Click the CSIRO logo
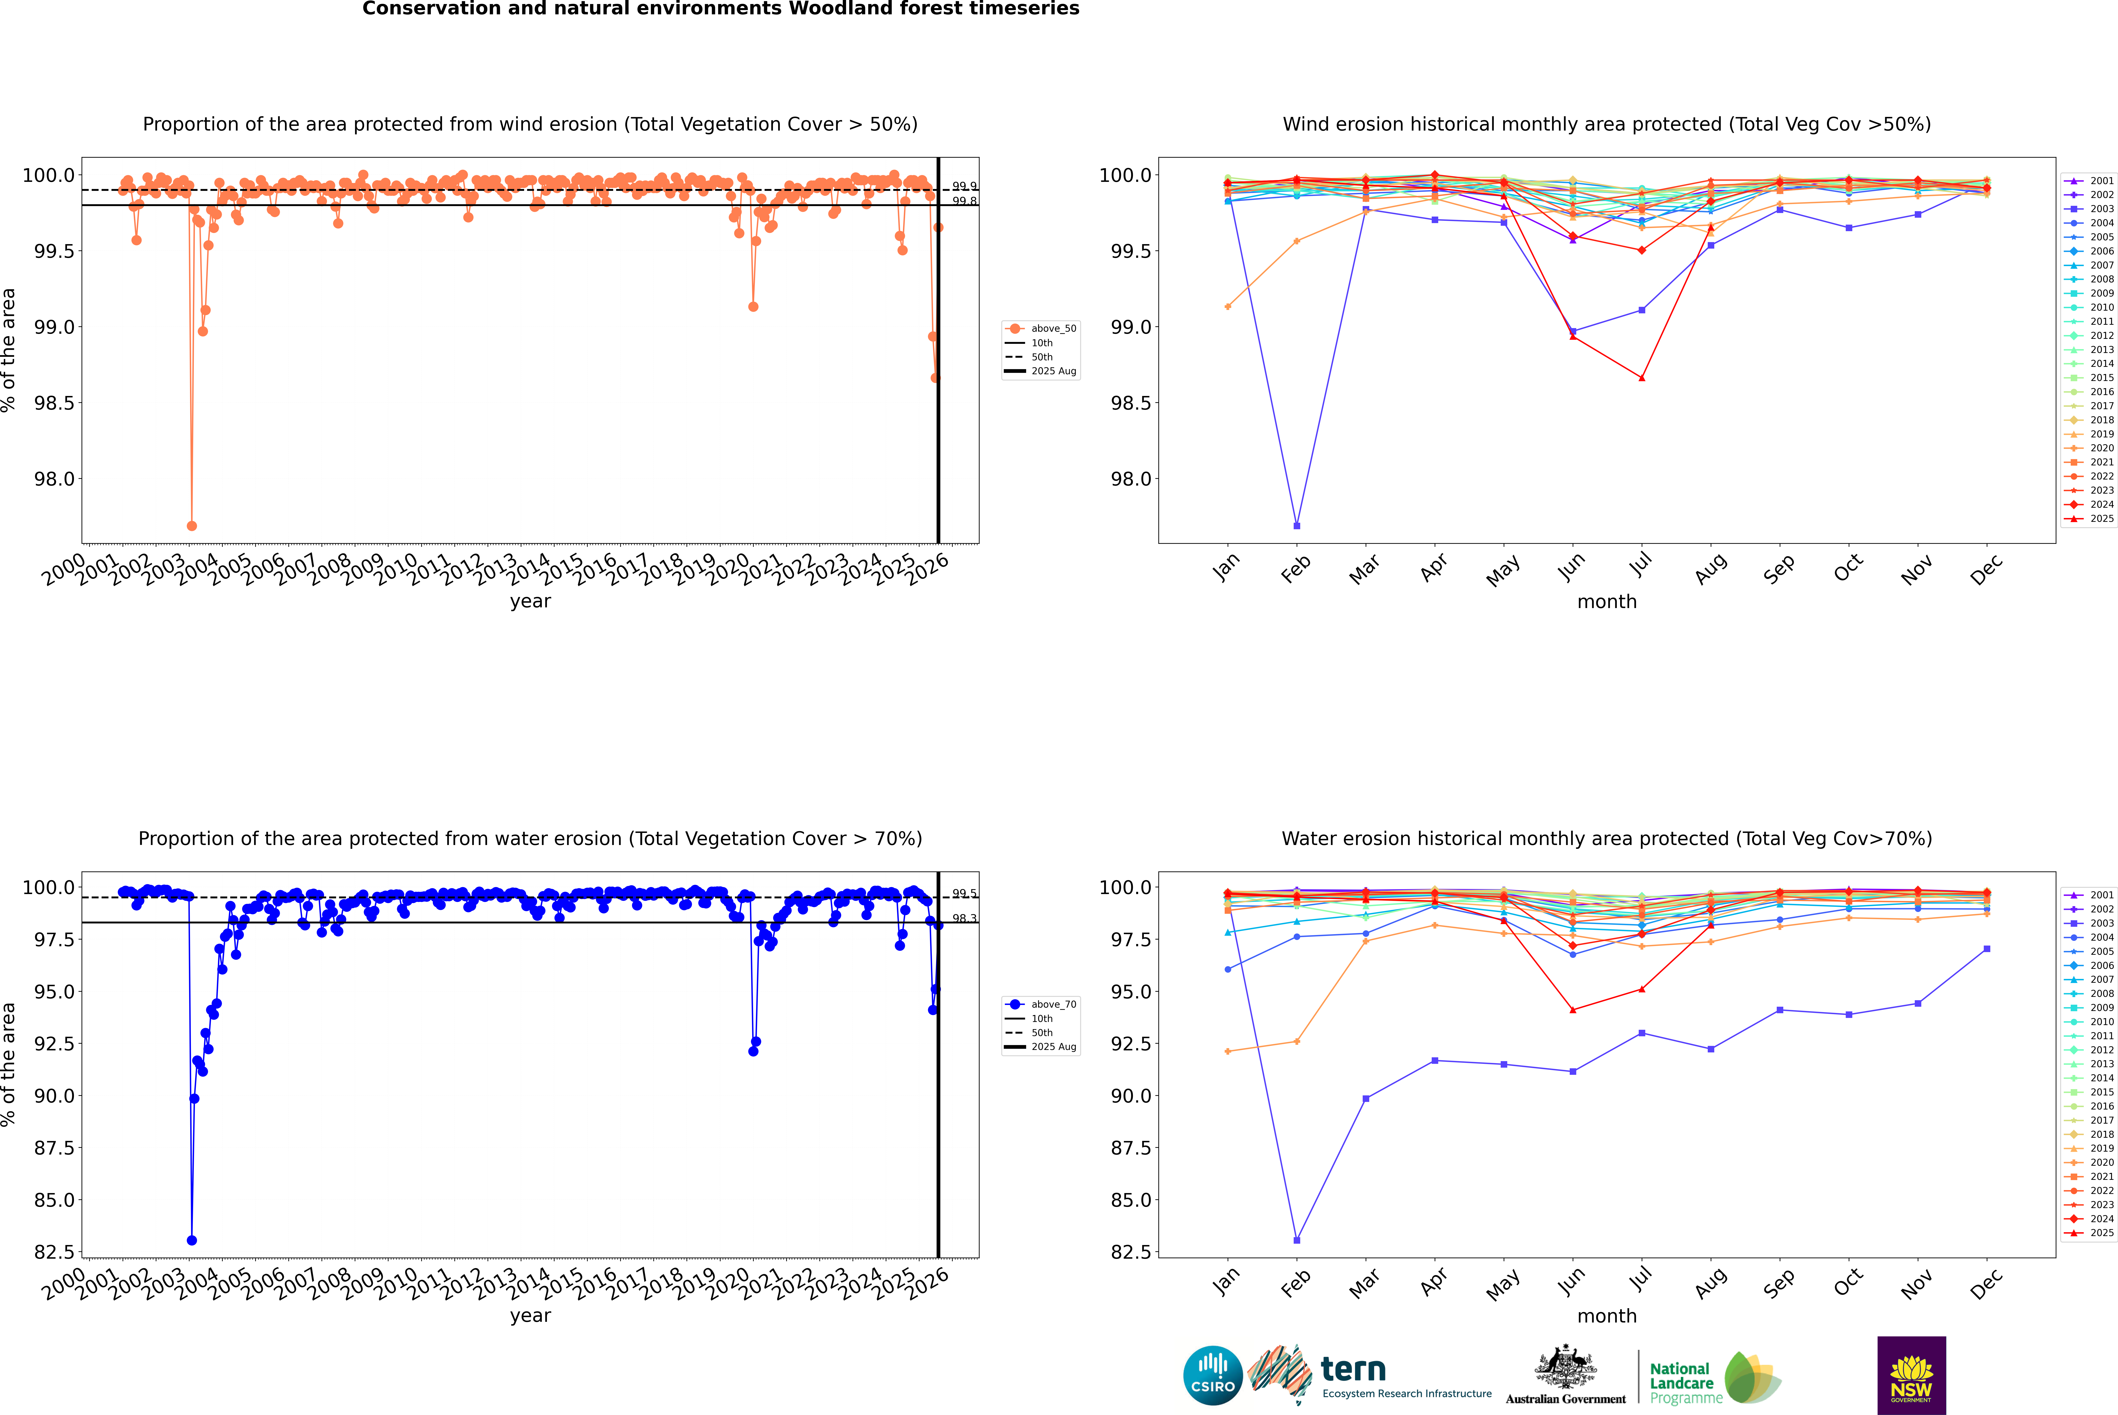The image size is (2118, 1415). click(1213, 1375)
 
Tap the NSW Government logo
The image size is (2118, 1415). click(1911, 1375)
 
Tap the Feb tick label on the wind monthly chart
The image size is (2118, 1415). click(1295, 568)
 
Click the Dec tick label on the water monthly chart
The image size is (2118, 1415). click(1986, 1283)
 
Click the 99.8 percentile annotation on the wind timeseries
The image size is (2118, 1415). click(964, 201)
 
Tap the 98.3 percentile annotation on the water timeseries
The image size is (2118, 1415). click(964, 919)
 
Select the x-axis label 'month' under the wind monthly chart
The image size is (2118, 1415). click(1606, 602)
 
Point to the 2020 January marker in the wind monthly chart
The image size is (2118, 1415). click(1228, 307)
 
